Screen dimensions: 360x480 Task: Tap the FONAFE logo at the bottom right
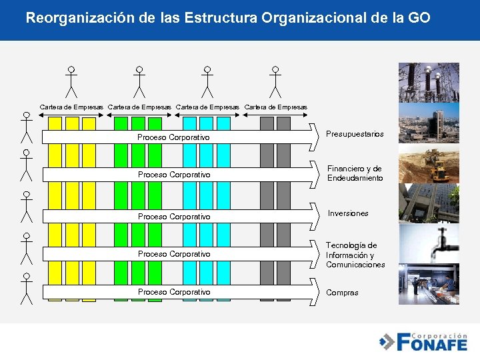(x=425, y=341)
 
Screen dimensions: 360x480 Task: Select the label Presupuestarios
(x=355, y=135)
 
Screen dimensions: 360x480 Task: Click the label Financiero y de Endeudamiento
(x=355, y=173)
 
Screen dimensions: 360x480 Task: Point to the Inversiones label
(x=348, y=213)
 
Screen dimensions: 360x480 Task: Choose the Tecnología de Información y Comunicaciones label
(x=355, y=255)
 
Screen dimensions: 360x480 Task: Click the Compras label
(x=342, y=293)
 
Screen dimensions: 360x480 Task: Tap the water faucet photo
(x=429, y=243)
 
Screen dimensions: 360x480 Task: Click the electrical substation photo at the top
(x=429, y=82)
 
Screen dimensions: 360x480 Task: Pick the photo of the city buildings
(x=429, y=123)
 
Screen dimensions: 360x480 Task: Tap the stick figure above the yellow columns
(x=71, y=81)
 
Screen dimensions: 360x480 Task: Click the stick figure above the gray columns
(x=276, y=81)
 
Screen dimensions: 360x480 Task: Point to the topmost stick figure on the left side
(x=26, y=127)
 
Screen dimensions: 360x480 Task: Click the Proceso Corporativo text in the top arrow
(x=173, y=137)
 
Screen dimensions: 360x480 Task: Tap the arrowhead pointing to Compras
(x=315, y=292)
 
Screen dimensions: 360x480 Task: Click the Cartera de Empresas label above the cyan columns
(x=207, y=107)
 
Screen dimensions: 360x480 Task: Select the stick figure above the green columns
(x=139, y=81)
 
